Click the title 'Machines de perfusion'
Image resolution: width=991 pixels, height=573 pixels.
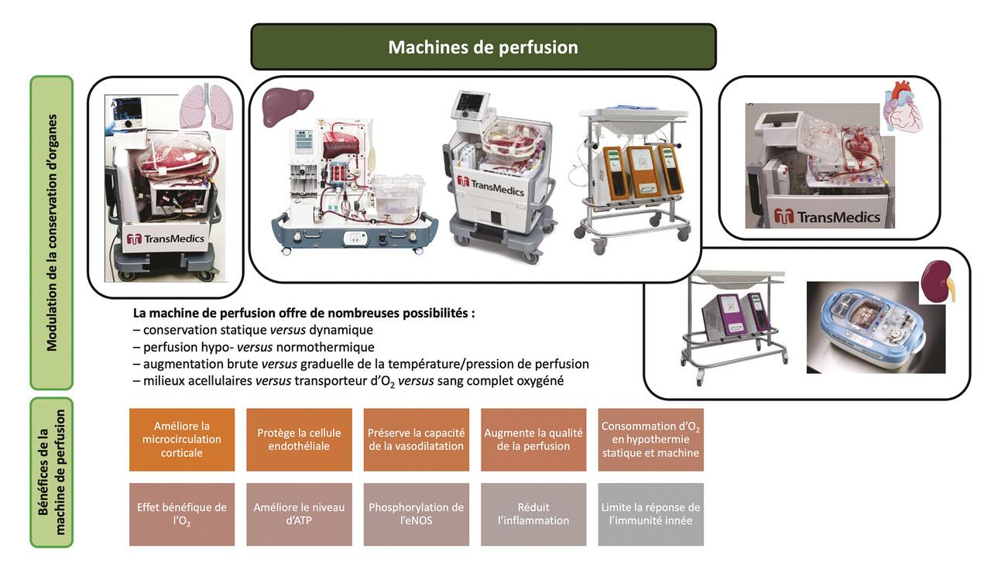tap(483, 47)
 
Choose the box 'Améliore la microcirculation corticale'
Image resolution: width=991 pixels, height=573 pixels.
tap(182, 439)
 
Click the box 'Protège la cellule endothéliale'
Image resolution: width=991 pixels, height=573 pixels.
tap(299, 439)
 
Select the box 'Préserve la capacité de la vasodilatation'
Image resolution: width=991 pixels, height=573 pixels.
tap(416, 439)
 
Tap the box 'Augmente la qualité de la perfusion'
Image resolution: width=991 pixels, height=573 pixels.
tap(533, 439)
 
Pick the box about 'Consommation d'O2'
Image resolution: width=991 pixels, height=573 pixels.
tap(650, 439)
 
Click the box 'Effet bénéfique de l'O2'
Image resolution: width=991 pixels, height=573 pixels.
tap(182, 514)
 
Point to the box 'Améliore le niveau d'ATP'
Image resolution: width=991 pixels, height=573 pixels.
tap(299, 514)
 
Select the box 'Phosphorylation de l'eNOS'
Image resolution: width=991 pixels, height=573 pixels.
tap(416, 514)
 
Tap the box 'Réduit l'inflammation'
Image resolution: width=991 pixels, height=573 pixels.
tap(533, 514)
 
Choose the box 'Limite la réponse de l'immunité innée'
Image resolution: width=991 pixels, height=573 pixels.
tap(650, 514)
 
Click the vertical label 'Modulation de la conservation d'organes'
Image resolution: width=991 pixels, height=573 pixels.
tap(52, 232)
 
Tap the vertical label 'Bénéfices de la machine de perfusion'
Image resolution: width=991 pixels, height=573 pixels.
tap(52, 473)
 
